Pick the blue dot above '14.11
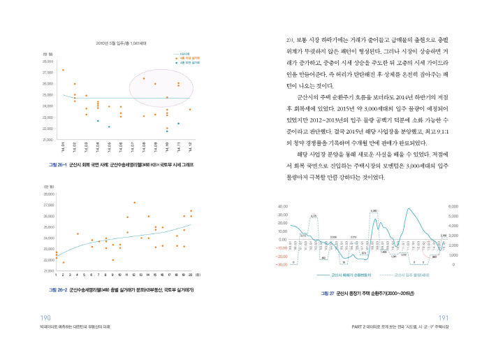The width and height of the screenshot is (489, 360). [179, 124]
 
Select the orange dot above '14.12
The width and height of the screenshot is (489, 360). [190, 110]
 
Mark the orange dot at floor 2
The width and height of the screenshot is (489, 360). [64, 263]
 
